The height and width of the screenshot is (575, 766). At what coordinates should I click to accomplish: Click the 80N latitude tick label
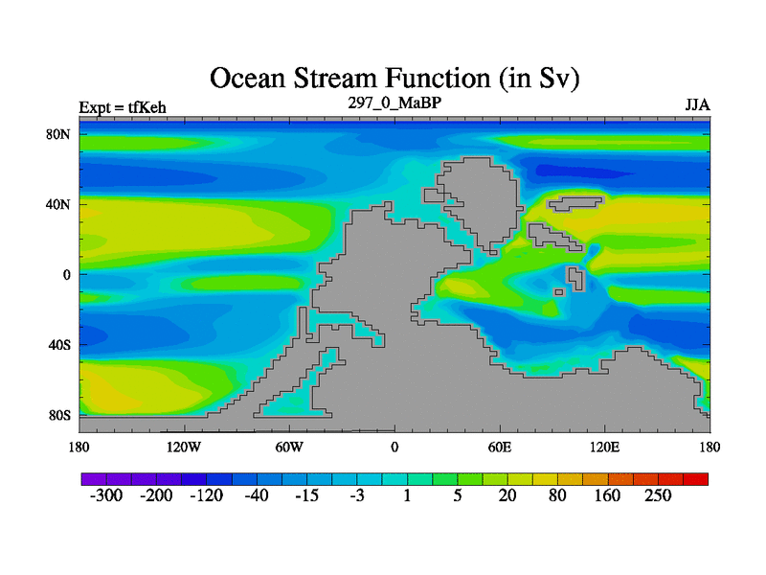coord(58,134)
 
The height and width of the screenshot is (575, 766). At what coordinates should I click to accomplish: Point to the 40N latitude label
coord(58,204)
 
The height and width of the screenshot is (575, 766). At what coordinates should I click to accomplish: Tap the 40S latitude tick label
coord(59,345)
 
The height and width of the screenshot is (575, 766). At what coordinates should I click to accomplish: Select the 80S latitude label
coord(59,416)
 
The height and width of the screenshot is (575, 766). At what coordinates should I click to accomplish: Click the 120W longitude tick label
coord(184,447)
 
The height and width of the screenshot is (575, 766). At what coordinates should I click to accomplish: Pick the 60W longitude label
coord(289,447)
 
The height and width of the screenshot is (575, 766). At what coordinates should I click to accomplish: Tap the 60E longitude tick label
coord(500,447)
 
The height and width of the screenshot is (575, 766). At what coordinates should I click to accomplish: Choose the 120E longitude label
coord(605,447)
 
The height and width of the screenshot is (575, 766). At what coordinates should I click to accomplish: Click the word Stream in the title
coord(336,79)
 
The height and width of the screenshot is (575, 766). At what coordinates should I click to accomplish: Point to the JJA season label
coord(698,105)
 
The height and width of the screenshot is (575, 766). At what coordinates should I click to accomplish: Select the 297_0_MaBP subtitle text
coord(394,103)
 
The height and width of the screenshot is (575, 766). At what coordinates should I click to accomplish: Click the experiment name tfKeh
coord(147,107)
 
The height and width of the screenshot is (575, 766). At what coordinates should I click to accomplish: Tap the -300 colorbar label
coord(106,495)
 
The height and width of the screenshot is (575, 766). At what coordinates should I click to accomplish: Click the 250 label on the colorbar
coord(658,495)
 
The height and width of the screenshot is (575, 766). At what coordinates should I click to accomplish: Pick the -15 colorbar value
coord(306,495)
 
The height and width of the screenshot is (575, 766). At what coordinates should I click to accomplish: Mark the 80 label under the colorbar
coord(557,495)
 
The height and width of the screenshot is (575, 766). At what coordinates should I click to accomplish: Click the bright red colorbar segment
coord(696,479)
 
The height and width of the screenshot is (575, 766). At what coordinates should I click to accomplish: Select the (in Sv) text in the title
coord(539,79)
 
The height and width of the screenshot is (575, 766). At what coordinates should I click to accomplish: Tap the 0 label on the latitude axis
coord(67,275)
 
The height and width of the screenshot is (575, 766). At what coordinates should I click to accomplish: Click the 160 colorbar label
coord(607,495)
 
